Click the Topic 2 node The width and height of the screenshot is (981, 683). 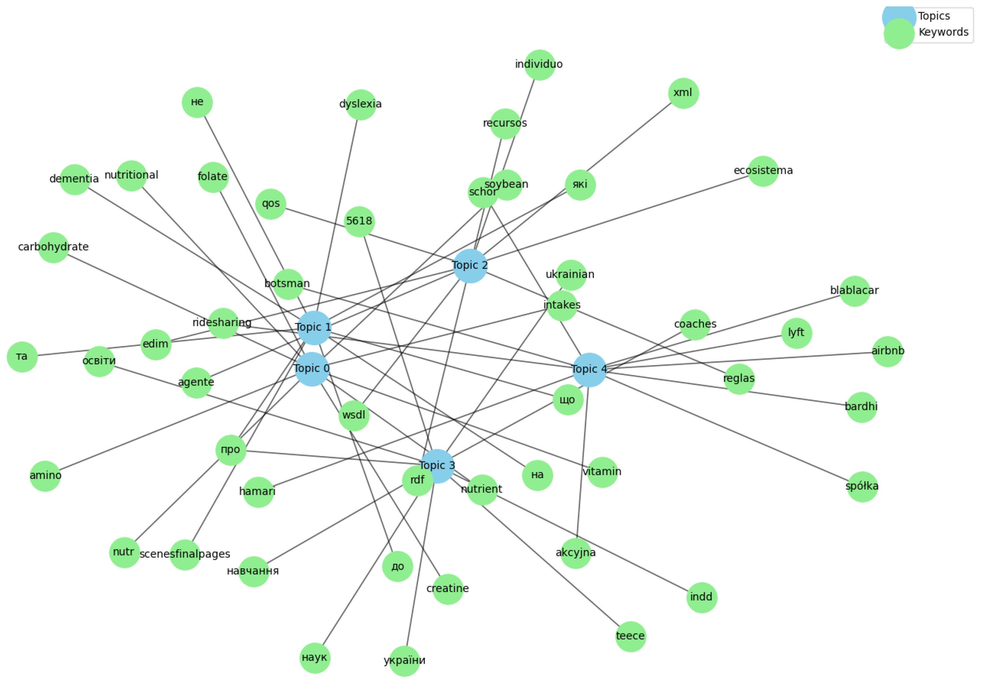point(470,266)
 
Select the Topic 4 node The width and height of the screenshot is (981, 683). point(589,370)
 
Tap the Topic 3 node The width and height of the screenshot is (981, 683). point(437,466)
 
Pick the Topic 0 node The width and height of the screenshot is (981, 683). point(312,369)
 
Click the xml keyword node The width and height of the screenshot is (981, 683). point(683,93)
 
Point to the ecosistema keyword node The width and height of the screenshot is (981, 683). point(763,171)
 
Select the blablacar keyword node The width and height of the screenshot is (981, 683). point(854,291)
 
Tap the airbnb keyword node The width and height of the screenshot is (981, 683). point(887,351)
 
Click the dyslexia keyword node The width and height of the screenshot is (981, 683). point(361,105)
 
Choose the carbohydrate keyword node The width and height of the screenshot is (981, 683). point(54,248)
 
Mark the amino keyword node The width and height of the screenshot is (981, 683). point(45,476)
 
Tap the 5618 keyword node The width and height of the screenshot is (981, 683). point(359,222)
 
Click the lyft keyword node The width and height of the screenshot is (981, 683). point(796,333)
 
